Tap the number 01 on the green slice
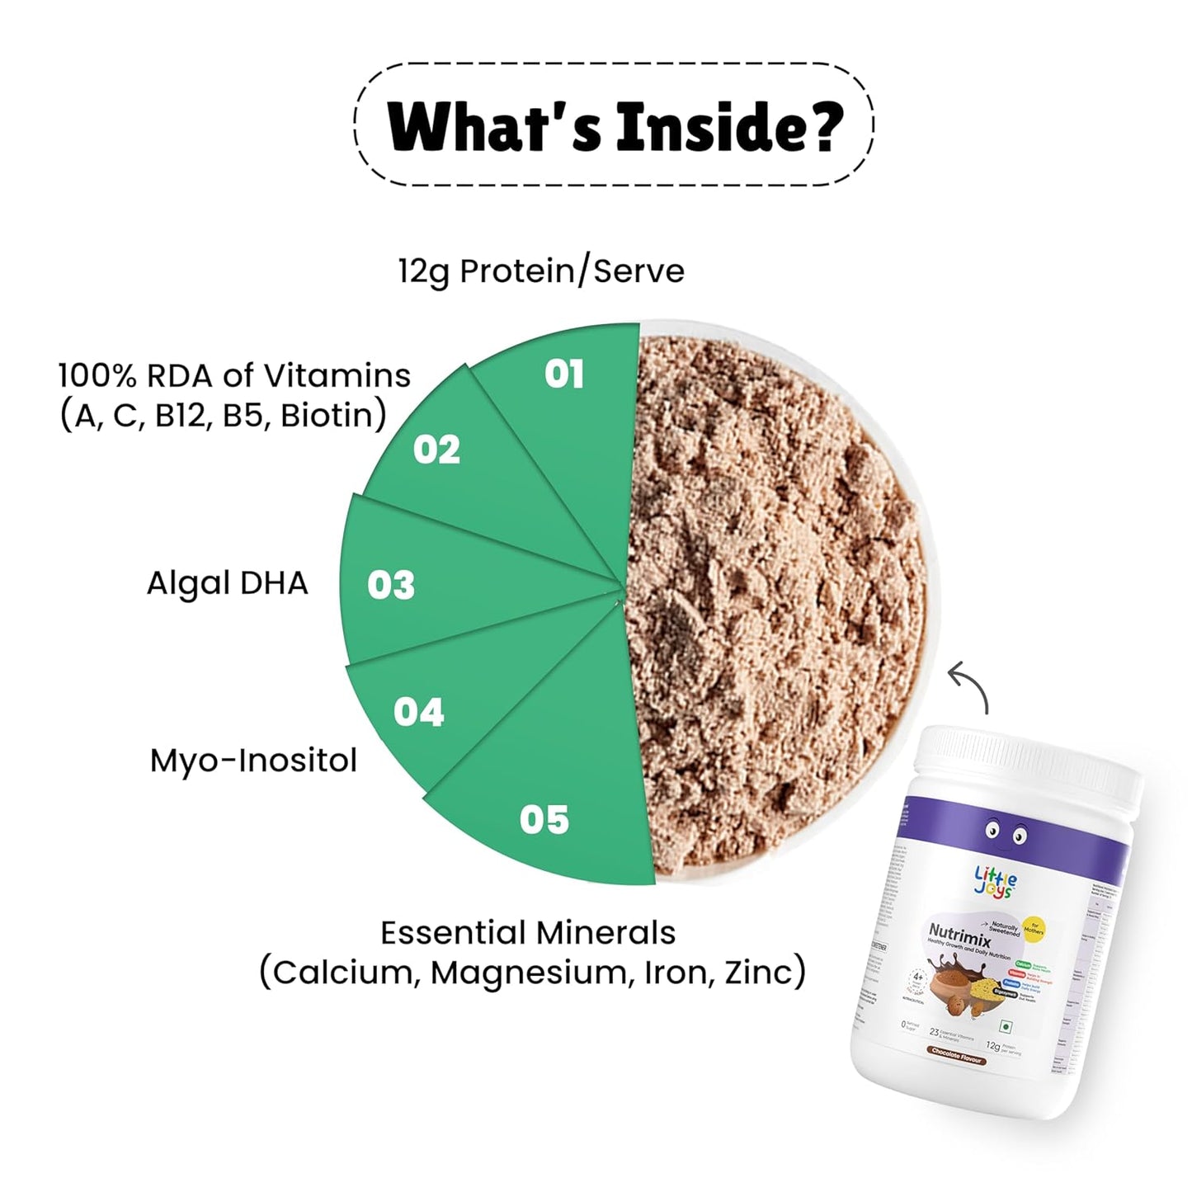564,375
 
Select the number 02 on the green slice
436,450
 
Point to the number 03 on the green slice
391,585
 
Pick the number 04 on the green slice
418,712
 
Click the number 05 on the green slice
544,819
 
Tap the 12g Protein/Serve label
541,271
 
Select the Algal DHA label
227,583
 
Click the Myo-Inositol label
253,760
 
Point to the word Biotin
329,416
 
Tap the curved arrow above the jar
969,686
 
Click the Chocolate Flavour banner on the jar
957,1055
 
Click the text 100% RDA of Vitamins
234,376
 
